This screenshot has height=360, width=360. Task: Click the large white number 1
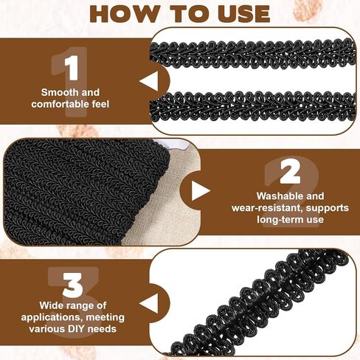click(72, 68)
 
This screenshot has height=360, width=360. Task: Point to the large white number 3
click(73, 285)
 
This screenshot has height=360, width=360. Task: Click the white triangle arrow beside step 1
click(148, 80)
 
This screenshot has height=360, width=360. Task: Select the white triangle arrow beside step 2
click(201, 191)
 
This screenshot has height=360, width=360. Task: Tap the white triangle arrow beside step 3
click(148, 303)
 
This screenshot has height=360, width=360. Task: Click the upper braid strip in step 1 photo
click(252, 55)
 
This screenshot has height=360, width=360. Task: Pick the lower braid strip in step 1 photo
click(252, 105)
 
